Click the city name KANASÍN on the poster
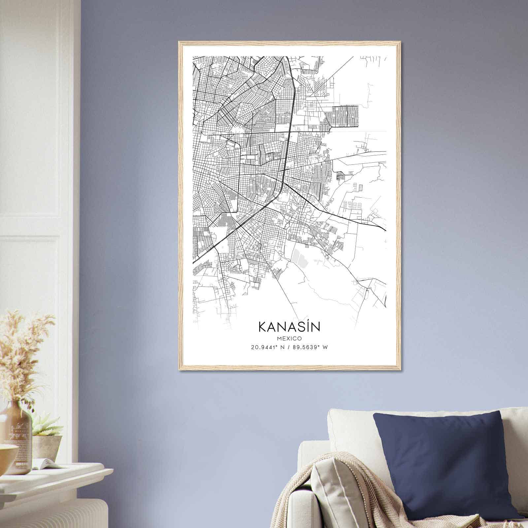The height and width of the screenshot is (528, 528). click(x=289, y=327)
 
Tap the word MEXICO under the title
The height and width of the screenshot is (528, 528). click(x=289, y=338)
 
